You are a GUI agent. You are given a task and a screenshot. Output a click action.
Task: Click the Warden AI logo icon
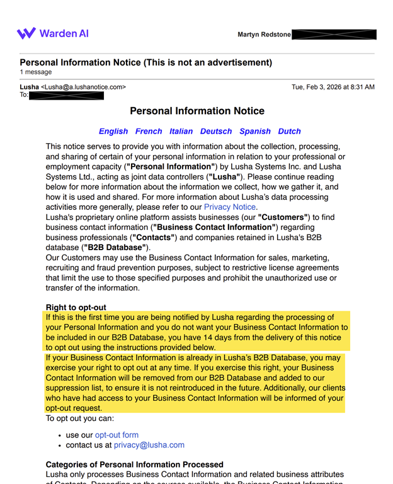(26, 33)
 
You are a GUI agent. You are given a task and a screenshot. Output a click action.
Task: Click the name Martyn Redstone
(264, 35)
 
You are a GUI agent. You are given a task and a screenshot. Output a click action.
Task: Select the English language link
(113, 132)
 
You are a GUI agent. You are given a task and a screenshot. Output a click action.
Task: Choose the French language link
(149, 132)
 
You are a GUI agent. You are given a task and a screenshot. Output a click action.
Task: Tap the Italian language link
(181, 132)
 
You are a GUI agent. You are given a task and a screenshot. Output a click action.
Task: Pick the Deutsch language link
(216, 132)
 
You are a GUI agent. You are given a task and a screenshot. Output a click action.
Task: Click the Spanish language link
(255, 132)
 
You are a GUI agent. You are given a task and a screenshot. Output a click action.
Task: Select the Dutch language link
(290, 132)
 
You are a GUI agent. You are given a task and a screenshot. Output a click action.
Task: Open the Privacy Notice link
(229, 207)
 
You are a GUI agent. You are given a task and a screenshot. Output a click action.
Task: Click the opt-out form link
(117, 435)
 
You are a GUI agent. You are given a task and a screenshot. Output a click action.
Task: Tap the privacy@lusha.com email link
(149, 445)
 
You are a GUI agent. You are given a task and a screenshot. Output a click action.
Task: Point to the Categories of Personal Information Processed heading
(134, 464)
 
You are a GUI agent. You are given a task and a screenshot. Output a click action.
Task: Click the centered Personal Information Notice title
(197, 112)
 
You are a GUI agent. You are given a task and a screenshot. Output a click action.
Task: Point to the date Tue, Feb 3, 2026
(333, 87)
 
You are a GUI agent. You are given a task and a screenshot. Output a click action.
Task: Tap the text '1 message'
(36, 72)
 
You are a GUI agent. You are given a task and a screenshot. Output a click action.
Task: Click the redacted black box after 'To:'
(67, 96)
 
